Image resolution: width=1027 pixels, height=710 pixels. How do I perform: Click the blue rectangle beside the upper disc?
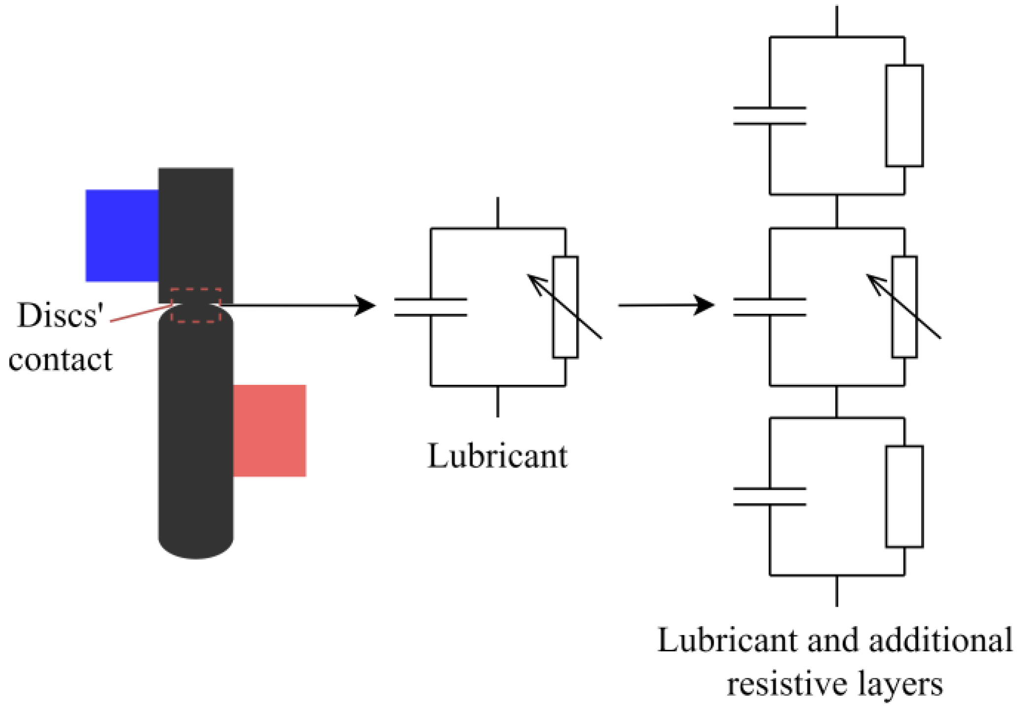pos(122,236)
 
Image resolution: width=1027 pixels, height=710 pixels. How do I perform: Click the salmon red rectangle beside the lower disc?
pos(269,431)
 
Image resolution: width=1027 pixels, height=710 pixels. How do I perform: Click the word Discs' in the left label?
pos(60,315)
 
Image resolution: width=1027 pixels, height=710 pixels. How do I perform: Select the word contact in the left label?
pos(60,360)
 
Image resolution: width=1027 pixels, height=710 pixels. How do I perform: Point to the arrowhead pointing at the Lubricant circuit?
pos(365,305)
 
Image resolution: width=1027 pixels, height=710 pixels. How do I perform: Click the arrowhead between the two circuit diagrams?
pos(704,305)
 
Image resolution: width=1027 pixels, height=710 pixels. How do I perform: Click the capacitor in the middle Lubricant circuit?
pos(431,307)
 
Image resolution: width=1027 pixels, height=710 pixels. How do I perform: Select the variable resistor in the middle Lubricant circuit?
pos(565,307)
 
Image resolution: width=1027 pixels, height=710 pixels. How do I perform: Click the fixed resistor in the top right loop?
pos(904,116)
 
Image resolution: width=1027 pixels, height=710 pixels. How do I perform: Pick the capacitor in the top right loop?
pos(769,116)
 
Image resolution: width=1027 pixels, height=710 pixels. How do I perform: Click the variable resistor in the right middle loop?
pos(904,307)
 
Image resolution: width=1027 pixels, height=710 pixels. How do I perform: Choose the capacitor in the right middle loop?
pos(769,307)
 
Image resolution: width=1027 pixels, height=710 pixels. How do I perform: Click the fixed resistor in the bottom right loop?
pos(904,497)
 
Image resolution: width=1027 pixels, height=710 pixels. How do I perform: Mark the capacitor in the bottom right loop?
pos(769,497)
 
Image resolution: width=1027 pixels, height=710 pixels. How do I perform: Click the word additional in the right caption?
pos(940,641)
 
